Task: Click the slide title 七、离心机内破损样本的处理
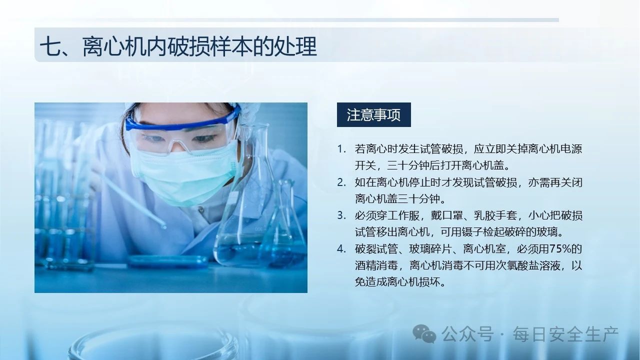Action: (x=178, y=46)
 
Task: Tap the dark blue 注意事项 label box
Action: (x=373, y=114)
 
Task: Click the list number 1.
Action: (x=341, y=149)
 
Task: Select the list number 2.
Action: (x=341, y=182)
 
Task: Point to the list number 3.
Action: (x=341, y=215)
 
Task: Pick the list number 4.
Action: (x=341, y=249)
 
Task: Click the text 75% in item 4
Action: (x=560, y=249)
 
